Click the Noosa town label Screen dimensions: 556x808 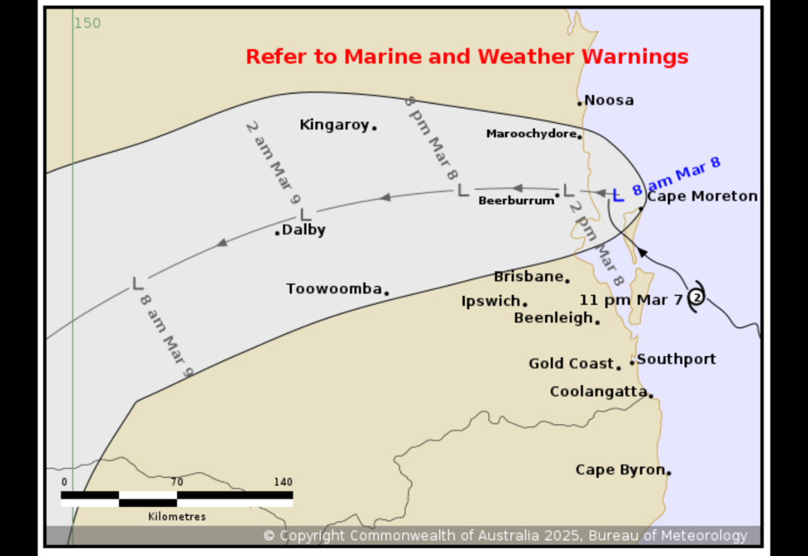click(x=609, y=100)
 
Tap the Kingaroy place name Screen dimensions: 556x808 click(x=335, y=125)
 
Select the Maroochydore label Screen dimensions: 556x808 click(x=531, y=134)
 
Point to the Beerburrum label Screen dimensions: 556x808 click(x=516, y=201)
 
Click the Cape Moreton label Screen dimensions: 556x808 click(x=702, y=197)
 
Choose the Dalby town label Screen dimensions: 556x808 click(x=304, y=230)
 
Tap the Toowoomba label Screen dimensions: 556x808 click(x=334, y=288)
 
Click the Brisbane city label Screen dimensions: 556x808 click(x=528, y=276)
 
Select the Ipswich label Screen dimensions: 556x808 click(x=491, y=301)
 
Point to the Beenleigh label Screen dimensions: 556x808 click(x=553, y=317)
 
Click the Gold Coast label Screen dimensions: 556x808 click(x=571, y=364)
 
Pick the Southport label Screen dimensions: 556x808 click(x=676, y=359)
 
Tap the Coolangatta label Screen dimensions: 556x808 click(x=598, y=392)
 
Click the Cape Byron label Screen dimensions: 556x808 click(x=619, y=470)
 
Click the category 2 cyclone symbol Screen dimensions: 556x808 click(x=697, y=297)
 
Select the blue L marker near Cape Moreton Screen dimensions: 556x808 click(x=618, y=195)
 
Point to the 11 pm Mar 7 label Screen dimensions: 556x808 click(x=631, y=300)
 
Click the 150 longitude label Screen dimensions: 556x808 click(x=87, y=24)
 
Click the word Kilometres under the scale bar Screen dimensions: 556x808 click(x=176, y=517)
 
